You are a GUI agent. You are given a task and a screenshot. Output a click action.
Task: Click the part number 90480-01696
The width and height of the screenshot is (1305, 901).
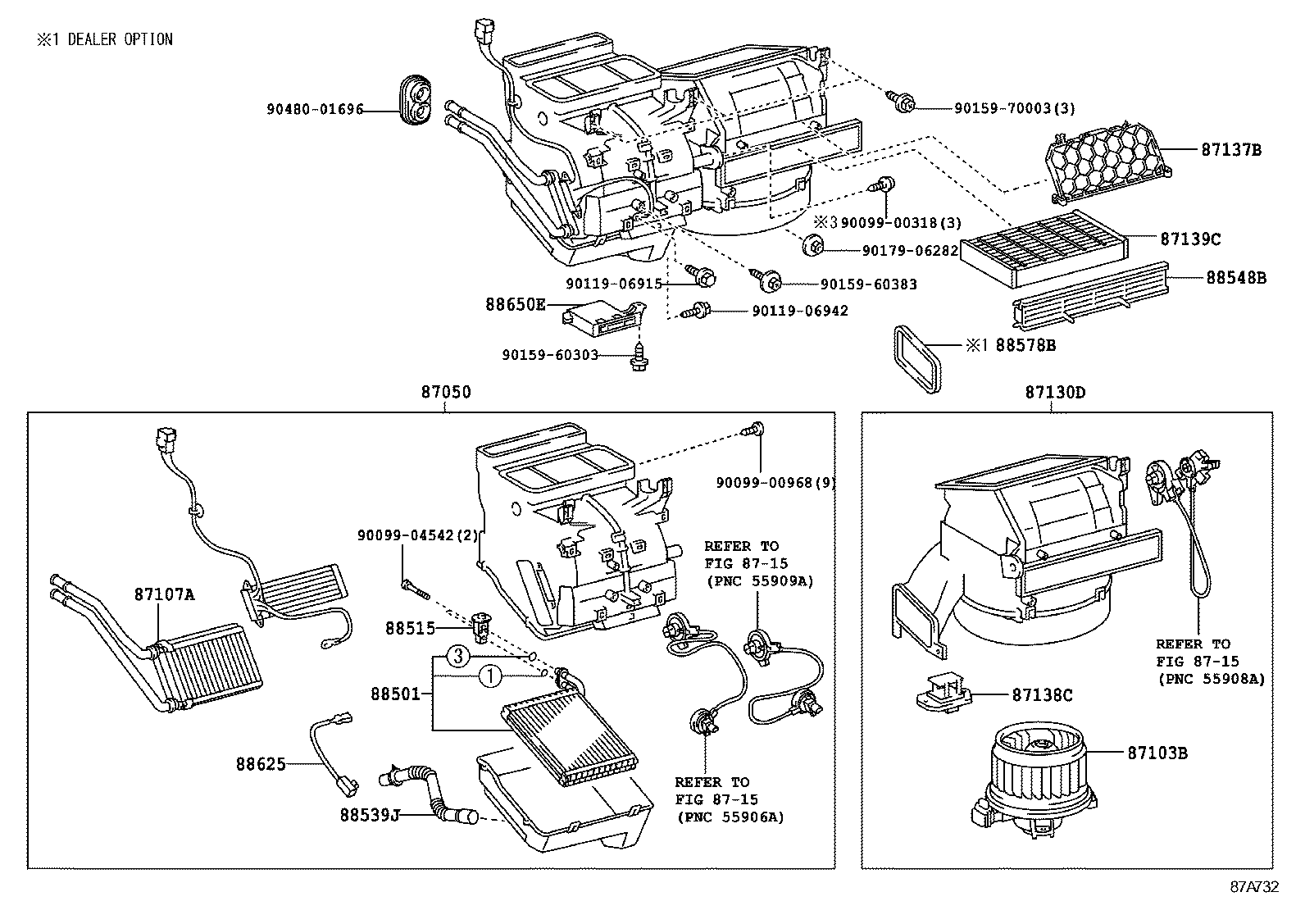(314, 109)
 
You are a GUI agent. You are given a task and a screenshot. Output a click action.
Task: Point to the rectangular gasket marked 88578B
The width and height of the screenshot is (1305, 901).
(921, 361)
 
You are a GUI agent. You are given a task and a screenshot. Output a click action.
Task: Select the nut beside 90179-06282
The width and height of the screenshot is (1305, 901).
(813, 245)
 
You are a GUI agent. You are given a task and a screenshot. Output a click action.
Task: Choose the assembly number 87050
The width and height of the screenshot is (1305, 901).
(446, 393)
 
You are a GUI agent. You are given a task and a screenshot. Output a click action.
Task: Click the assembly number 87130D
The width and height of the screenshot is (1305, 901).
(1054, 393)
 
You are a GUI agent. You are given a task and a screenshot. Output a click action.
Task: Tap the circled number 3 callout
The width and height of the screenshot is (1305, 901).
(459, 656)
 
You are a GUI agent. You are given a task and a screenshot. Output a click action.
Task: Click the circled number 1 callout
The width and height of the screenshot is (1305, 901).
(489, 676)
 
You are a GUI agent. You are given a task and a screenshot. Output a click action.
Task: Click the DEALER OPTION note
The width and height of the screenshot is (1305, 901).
(104, 39)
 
